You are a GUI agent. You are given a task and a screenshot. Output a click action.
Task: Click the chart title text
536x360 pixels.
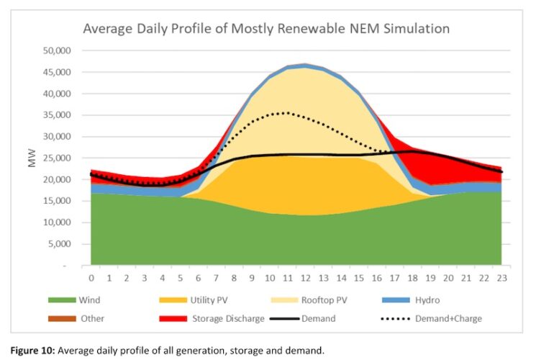point(266,29)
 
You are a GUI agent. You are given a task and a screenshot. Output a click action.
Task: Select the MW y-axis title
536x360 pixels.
point(32,158)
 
